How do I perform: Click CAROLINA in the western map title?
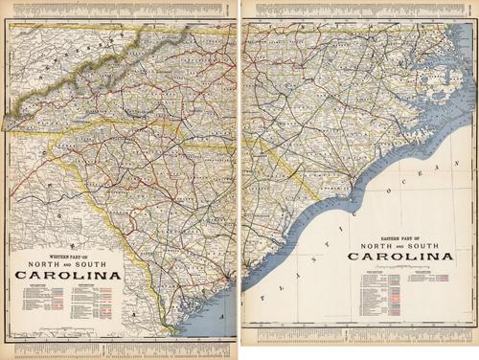click(67, 276)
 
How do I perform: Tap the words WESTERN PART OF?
click(67, 253)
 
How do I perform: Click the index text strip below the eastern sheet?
click(359, 337)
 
